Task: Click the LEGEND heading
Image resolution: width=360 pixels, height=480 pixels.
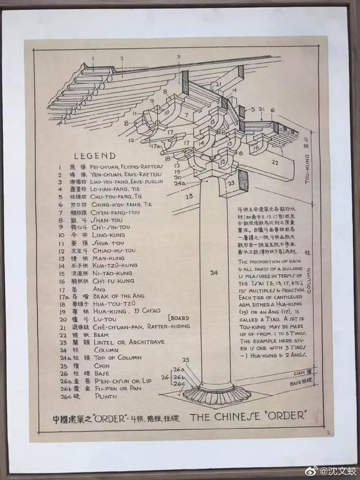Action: point(94,155)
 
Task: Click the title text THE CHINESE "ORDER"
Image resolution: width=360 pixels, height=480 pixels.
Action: point(249,417)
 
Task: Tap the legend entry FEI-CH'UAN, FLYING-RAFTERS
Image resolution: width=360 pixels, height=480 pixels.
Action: point(127,167)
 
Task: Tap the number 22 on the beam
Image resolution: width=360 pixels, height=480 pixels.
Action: point(275,162)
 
